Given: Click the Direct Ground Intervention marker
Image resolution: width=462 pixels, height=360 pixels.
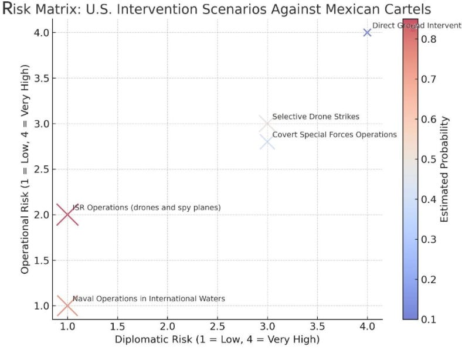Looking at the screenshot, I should [367, 32].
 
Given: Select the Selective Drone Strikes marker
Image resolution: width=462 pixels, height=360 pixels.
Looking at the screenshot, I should [267, 124].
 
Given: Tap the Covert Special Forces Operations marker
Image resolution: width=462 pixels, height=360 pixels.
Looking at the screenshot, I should [267, 142].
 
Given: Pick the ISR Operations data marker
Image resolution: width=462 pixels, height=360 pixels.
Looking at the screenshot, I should [67, 215].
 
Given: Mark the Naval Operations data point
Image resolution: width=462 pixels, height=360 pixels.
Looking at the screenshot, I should [67, 305].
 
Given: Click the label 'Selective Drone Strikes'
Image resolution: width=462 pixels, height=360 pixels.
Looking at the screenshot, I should [315, 117].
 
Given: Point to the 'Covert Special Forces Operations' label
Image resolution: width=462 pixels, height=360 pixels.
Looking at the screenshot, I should [334, 134].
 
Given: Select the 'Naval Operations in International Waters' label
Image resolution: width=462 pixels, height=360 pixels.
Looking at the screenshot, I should [148, 298].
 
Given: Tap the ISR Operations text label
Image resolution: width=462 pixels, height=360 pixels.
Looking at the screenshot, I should [147, 208].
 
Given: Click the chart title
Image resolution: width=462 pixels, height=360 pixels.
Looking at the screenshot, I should [217, 10].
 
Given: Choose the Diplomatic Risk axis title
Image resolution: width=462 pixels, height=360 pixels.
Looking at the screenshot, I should [217, 339].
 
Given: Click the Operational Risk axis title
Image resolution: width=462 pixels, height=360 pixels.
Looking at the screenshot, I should [25, 169].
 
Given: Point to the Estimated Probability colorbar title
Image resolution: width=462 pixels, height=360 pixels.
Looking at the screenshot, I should [445, 169].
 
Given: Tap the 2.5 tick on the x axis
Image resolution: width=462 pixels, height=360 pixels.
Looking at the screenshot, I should [218, 325].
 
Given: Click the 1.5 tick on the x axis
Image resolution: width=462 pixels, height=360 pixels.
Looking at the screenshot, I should [117, 325].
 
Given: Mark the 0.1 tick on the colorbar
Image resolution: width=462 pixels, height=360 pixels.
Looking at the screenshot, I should [429, 319].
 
